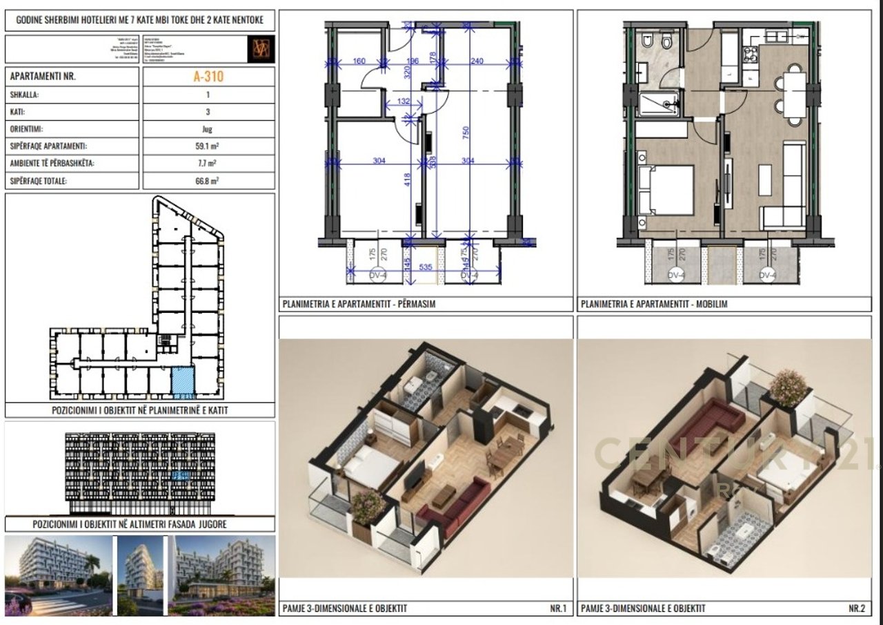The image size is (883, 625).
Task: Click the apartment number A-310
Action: pos(208,77)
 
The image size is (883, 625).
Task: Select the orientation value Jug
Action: pos(208,129)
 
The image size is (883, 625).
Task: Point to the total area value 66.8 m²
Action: pos(208,182)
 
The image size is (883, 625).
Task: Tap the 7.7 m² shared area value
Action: pos(208,164)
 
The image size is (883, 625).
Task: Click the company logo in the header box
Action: pos(262,48)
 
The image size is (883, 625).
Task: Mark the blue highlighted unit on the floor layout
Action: pos(183,382)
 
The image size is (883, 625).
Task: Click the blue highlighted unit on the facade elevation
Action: pos(181,476)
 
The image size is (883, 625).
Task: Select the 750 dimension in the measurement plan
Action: pos(466,131)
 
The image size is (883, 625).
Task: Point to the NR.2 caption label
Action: pos(856,608)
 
